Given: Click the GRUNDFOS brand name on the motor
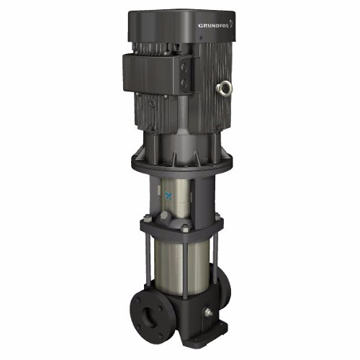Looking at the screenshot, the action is pyautogui.click(x=213, y=25).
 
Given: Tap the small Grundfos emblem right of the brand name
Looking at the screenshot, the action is pyautogui.click(x=231, y=23).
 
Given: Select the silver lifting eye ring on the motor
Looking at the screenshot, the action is pyautogui.click(x=224, y=88).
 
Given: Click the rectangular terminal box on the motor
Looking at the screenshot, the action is pyautogui.click(x=158, y=73).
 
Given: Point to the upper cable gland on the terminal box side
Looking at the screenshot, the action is pyautogui.click(x=184, y=67).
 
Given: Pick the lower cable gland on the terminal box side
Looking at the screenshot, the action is pyautogui.click(x=184, y=83).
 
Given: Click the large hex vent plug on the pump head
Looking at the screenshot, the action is pyautogui.click(x=164, y=216).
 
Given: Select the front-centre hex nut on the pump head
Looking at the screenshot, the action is pyautogui.click(x=185, y=228).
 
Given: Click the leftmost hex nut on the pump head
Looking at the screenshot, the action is pyautogui.click(x=147, y=218).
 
